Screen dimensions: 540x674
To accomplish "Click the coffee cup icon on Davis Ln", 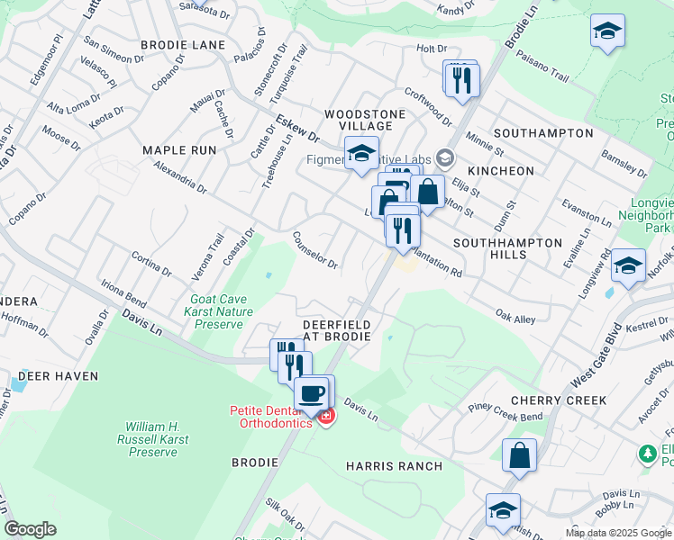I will [313, 394].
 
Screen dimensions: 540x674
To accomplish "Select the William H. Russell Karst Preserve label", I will [152, 438].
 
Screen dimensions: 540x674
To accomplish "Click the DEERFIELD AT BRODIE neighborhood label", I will [336, 328].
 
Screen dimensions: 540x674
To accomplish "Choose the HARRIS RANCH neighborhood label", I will [394, 466].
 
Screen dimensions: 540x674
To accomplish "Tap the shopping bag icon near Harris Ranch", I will [519, 455].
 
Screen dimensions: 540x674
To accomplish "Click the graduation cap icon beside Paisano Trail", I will [607, 33].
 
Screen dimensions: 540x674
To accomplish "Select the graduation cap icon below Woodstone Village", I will [361, 154].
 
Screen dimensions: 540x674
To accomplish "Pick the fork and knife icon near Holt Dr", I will [461, 79].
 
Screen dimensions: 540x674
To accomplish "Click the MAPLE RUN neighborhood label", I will [179, 150].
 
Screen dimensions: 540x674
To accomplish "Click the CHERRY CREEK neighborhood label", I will [558, 400].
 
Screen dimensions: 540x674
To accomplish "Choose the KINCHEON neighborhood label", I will [501, 171].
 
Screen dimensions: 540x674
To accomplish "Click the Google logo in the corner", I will [30, 529].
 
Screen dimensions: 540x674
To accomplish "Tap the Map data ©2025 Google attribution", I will [618, 533].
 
